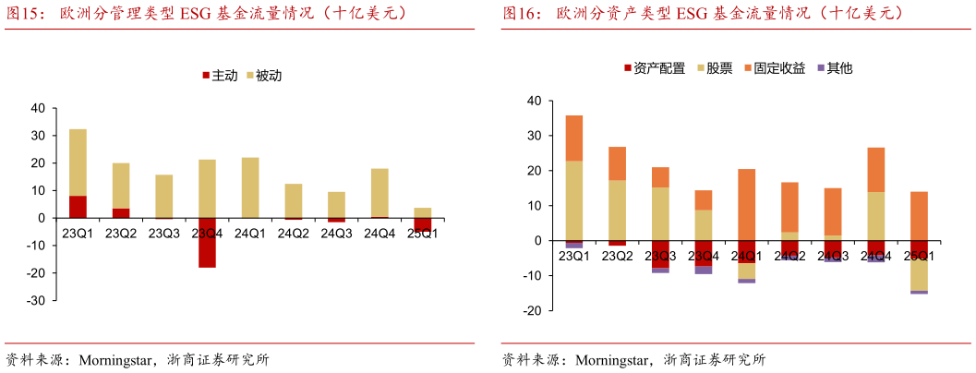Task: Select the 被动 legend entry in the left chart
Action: (x=262, y=75)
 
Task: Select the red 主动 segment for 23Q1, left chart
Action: (x=78, y=207)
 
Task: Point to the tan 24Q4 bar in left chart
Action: (x=380, y=193)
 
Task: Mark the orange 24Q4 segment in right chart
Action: (x=875, y=170)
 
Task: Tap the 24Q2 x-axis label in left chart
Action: (x=293, y=234)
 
